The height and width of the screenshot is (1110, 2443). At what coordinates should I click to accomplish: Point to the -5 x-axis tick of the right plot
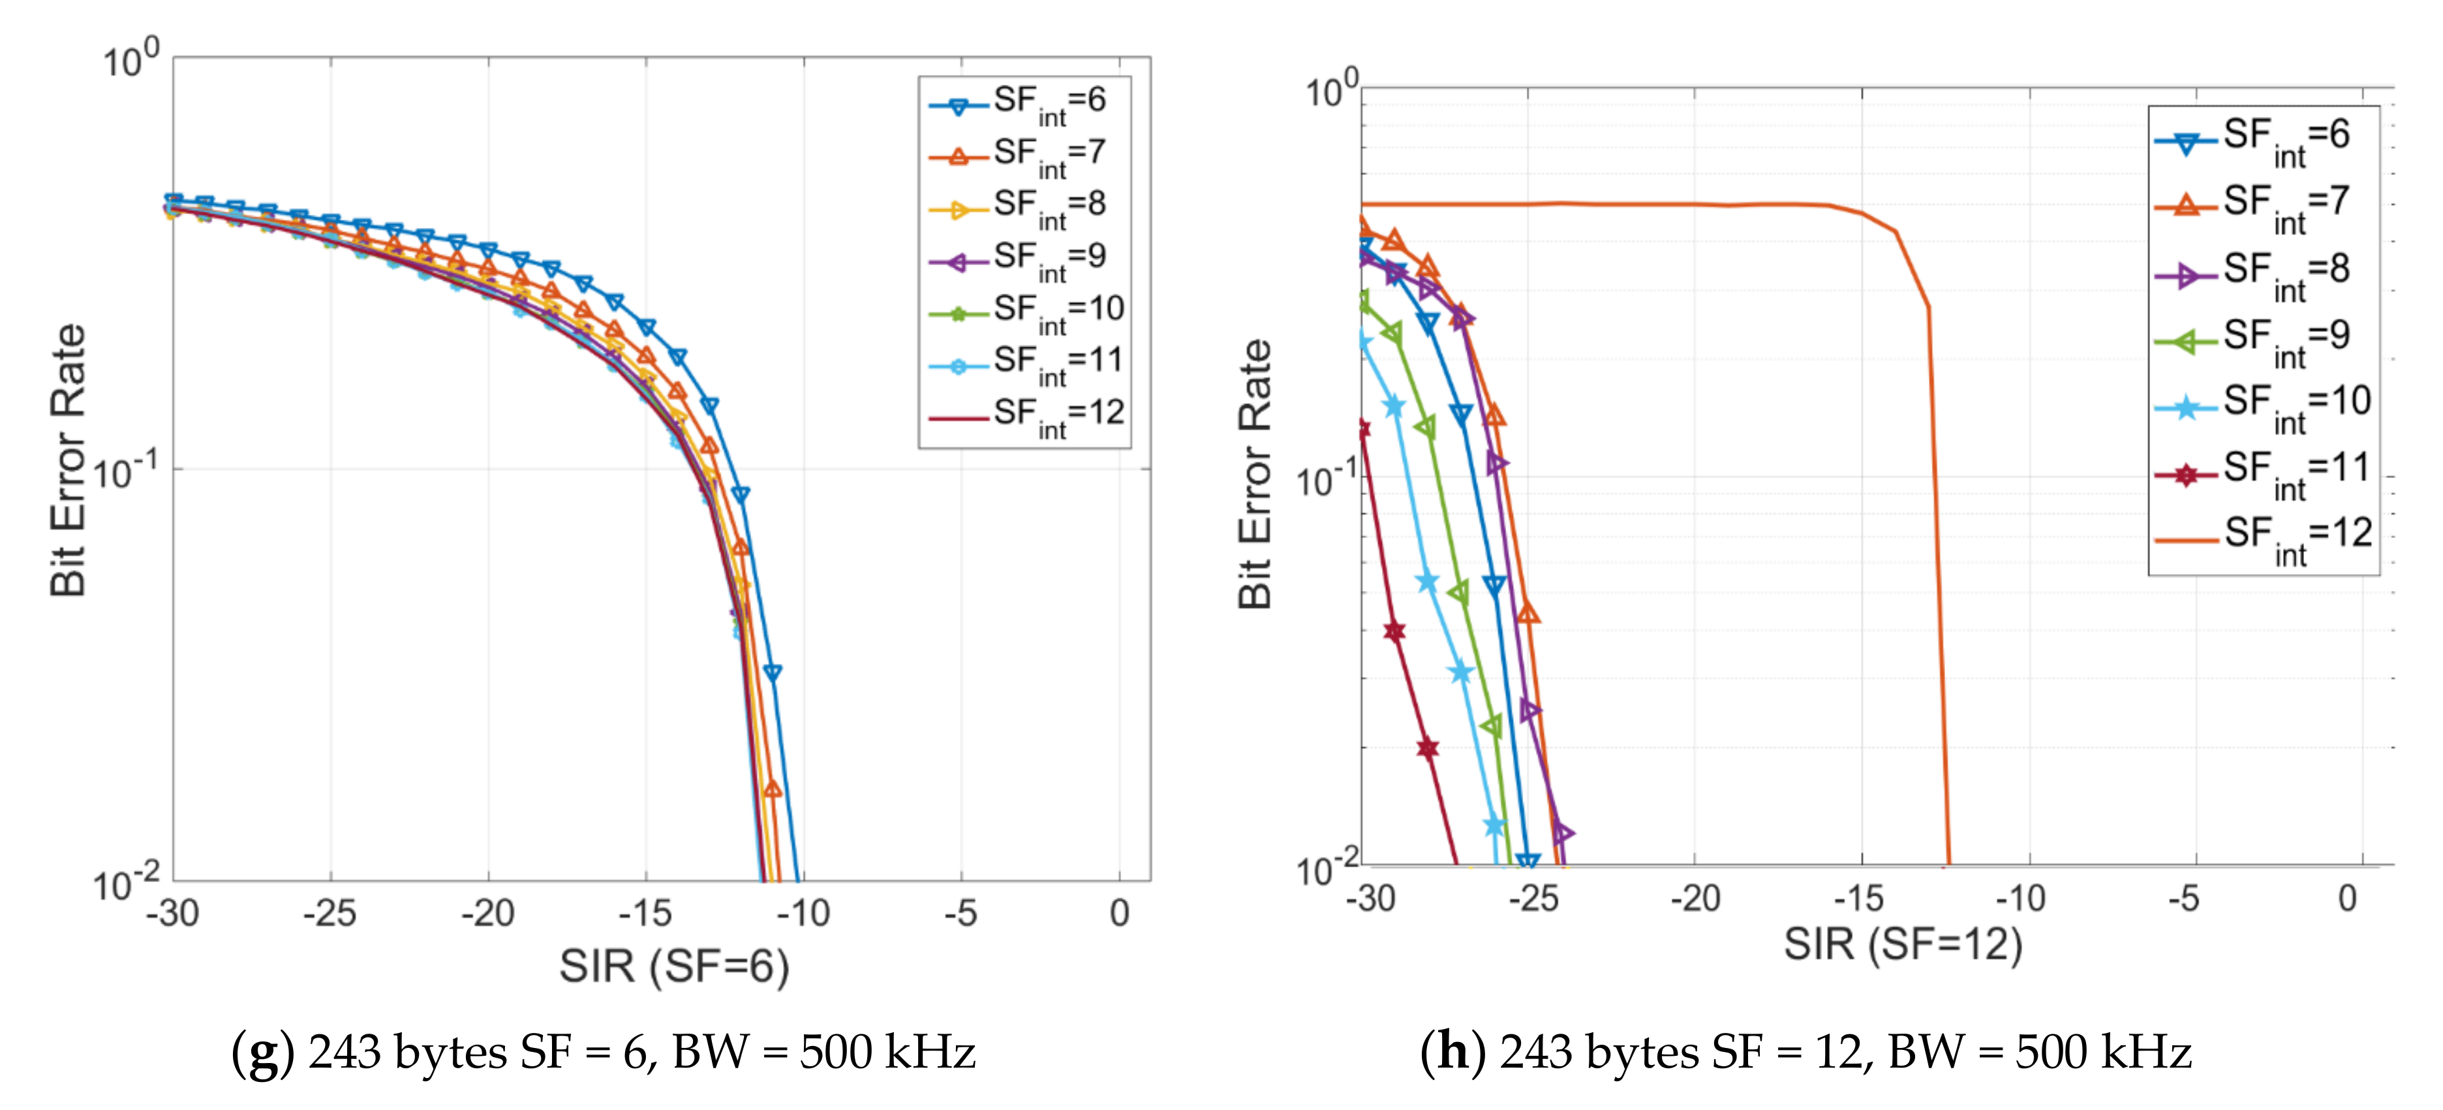tap(2183, 898)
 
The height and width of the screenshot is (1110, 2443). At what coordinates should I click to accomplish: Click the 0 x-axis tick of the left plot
tap(1119, 913)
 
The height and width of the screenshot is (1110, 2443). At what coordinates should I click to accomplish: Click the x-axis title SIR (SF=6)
tap(673, 967)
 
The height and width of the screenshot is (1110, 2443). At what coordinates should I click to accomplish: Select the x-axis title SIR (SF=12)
tap(1903, 945)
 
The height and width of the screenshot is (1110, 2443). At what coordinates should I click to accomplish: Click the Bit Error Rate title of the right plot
tap(1255, 474)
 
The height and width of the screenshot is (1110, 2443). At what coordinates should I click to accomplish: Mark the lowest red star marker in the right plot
tap(1427, 748)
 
